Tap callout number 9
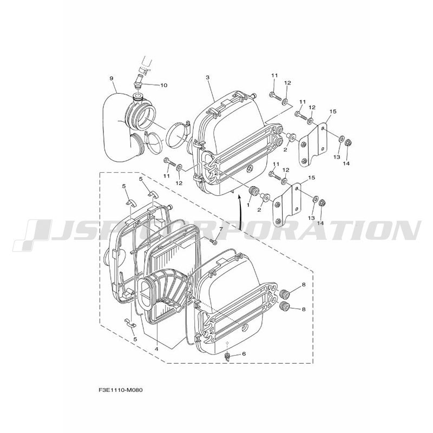click(x=111, y=78)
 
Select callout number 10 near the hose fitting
click(x=164, y=85)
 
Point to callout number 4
click(x=156, y=349)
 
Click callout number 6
click(x=244, y=354)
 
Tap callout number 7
click(x=221, y=229)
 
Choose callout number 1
click(x=248, y=205)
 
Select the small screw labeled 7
click(x=214, y=242)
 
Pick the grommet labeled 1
click(x=253, y=191)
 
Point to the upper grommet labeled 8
click(x=285, y=294)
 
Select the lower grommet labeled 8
click(x=285, y=306)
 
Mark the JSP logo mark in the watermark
click(x=32, y=234)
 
